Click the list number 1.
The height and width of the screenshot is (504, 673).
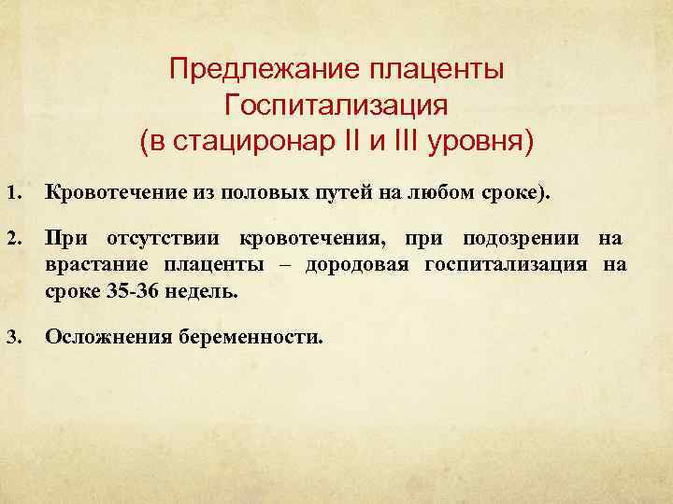[x=14, y=194]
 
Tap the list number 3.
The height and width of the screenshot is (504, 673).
[x=14, y=336]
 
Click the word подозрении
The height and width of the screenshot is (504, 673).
[x=515, y=240]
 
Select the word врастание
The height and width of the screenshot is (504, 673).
[x=90, y=266]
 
